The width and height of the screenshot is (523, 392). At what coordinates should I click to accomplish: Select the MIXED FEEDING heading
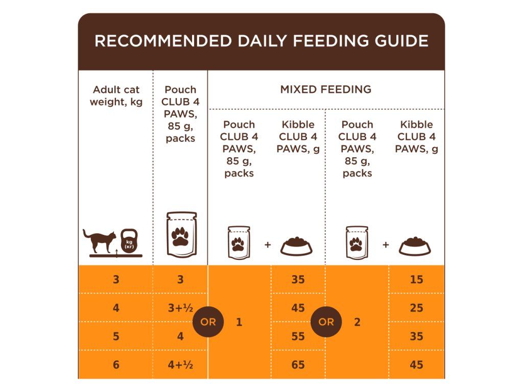click(325, 89)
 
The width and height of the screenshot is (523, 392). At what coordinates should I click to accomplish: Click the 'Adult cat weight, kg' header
click(116, 95)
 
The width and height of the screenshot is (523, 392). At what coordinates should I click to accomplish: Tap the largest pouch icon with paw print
click(181, 234)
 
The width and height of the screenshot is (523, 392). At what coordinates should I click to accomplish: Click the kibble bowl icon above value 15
click(415, 246)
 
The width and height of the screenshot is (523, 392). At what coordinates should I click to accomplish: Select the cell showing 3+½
click(180, 308)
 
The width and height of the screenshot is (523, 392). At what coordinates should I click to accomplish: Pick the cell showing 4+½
click(180, 365)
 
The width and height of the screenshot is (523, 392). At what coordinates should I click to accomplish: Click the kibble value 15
click(416, 280)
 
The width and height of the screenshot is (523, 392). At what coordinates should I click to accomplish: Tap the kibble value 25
click(416, 308)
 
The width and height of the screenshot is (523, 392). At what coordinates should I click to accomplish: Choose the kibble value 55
click(298, 336)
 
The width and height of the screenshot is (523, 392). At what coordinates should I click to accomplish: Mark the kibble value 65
click(298, 365)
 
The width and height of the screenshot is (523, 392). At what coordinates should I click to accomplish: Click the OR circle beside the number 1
click(208, 322)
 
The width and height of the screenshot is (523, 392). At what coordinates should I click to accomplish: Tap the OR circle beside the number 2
click(326, 322)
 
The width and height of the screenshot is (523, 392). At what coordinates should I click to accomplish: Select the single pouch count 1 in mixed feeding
click(239, 322)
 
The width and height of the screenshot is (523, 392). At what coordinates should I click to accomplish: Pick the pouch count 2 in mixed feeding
click(357, 322)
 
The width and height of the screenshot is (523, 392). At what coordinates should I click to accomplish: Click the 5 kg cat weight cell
click(116, 336)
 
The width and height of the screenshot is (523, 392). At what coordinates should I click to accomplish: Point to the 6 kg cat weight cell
click(116, 365)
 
